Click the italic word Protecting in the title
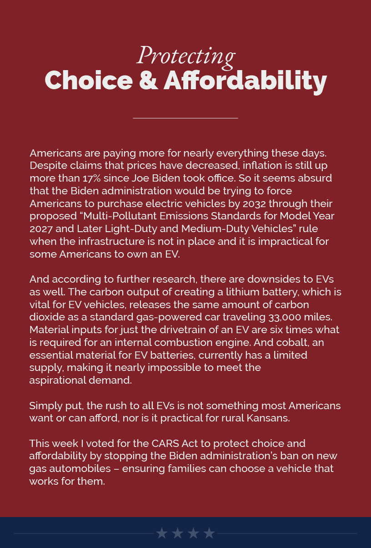[x=186, y=56]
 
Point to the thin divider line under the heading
[x=185, y=118]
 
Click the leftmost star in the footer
[x=162, y=533]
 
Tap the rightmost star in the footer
[x=209, y=533]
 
